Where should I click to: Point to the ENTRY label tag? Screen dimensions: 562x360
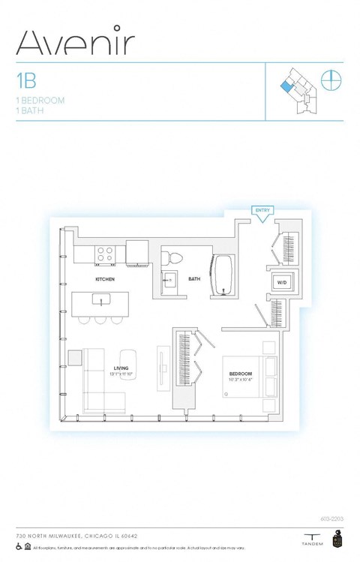pyautogui.click(x=262, y=211)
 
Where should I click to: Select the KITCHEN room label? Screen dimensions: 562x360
pyautogui.click(x=105, y=279)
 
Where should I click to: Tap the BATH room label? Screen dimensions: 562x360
pyautogui.click(x=194, y=279)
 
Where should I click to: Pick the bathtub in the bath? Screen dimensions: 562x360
pyautogui.click(x=225, y=275)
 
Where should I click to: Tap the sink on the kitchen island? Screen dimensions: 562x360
pyautogui.click(x=100, y=300)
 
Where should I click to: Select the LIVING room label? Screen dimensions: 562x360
pyautogui.click(x=121, y=368)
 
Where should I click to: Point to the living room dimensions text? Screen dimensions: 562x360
pyautogui.click(x=121, y=374)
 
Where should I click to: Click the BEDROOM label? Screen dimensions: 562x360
pyautogui.click(x=241, y=373)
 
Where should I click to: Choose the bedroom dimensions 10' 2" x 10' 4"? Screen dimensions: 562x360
pyautogui.click(x=241, y=380)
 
